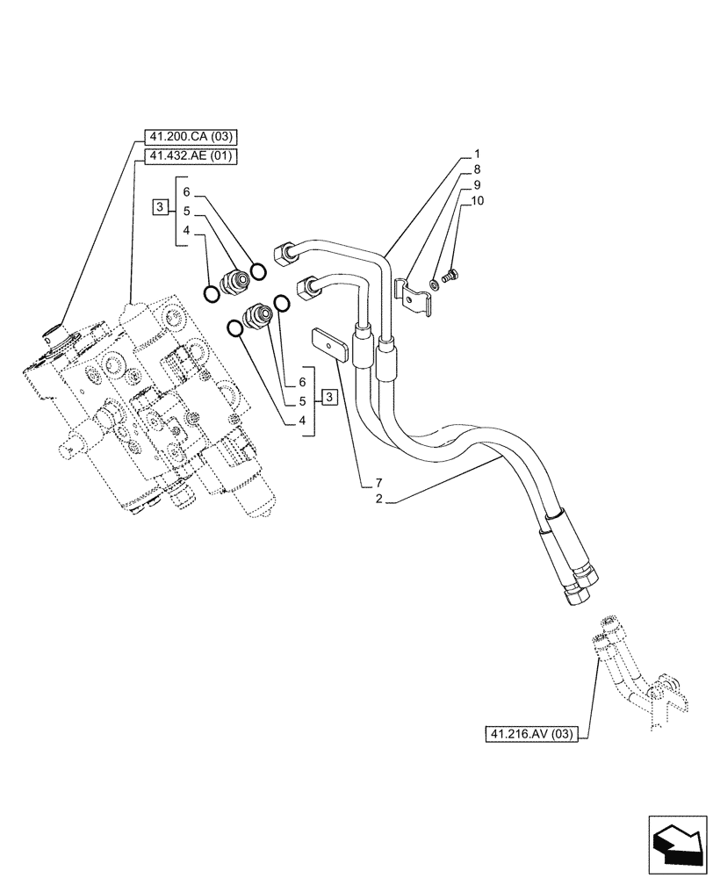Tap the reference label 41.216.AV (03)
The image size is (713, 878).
coord(529,733)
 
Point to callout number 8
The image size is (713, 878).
coord(476,169)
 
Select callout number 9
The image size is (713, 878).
coord(476,185)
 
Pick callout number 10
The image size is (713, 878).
coord(478,201)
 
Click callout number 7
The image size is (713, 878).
coord(379,482)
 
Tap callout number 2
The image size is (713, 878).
coord(379,500)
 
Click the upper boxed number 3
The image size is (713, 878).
coord(158,207)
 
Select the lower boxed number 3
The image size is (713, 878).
coord(328,398)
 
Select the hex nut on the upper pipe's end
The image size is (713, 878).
coord(284,253)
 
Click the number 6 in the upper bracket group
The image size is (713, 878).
coord(187,191)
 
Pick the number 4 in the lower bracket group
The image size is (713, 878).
coord(302,421)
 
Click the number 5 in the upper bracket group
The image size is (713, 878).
coord(187,211)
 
